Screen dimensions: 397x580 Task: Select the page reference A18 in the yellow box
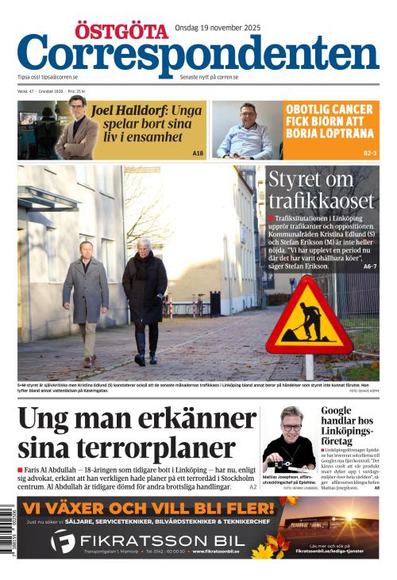pos(198,152)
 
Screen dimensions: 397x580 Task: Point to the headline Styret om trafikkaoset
pos(320,190)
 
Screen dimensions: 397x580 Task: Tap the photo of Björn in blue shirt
pos(247,130)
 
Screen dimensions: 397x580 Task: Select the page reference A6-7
pos(369,267)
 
